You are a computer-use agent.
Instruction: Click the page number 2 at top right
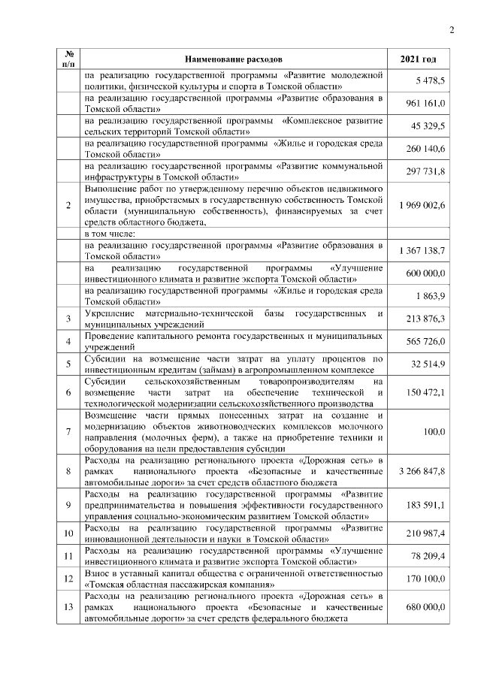pyautogui.click(x=452, y=30)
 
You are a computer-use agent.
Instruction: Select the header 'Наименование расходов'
pyautogui.click(x=233, y=59)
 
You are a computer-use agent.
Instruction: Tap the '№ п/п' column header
pyautogui.click(x=68, y=59)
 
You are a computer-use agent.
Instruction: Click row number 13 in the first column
pyautogui.click(x=68, y=607)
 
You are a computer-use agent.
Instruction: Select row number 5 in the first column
pyautogui.click(x=68, y=364)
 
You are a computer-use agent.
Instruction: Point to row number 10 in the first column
pyautogui.click(x=68, y=533)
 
